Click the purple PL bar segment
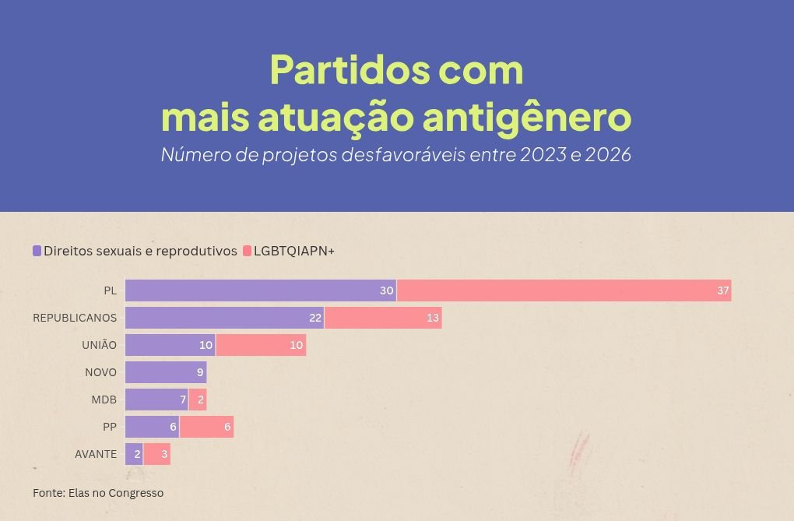click(261, 290)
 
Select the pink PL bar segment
click(564, 290)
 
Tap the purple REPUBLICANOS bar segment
click(225, 318)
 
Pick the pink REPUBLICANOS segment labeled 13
click(383, 318)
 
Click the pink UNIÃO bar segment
click(262, 345)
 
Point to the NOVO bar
click(166, 372)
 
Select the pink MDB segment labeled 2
click(198, 400)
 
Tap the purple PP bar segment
click(153, 427)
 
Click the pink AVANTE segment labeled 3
click(157, 454)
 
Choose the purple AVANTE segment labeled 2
click(134, 454)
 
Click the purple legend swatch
click(37, 251)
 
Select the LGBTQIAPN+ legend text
click(294, 251)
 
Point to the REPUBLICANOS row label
click(75, 318)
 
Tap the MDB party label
click(104, 400)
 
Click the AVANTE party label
click(96, 454)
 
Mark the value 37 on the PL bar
click(722, 290)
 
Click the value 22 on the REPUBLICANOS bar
click(315, 318)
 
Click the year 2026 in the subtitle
click(608, 154)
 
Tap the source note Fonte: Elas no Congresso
click(98, 493)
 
